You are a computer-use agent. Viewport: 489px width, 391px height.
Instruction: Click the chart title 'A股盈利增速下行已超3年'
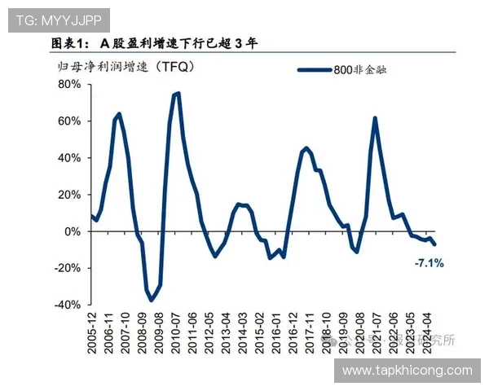[155, 43]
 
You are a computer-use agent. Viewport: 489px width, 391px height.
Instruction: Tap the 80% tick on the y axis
[68, 84]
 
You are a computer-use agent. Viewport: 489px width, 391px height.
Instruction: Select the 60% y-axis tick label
[68, 121]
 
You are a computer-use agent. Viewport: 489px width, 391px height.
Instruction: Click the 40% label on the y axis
[68, 157]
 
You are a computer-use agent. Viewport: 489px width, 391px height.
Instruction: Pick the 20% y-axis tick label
[68, 194]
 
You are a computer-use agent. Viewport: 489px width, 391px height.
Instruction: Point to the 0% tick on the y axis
[72, 231]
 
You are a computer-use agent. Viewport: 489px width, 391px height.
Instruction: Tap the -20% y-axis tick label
[67, 267]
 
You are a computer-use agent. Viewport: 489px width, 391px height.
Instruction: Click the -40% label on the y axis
[67, 304]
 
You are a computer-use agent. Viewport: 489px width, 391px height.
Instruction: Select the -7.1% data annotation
[429, 263]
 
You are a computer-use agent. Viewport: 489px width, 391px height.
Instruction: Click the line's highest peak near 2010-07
[177, 93]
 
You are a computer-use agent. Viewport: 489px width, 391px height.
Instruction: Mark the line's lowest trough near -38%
[151, 301]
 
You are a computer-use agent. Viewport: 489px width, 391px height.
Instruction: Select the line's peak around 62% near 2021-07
[375, 118]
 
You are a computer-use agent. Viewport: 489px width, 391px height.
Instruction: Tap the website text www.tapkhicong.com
[407, 371]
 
